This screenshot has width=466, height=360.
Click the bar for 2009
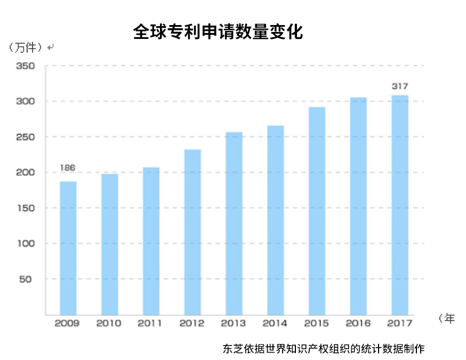click(68, 247)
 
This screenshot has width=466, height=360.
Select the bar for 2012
click(192, 232)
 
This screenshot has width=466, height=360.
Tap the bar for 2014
click(275, 220)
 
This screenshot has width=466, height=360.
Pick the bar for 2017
click(400, 205)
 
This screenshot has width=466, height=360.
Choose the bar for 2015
click(317, 211)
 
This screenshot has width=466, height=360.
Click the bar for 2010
click(109, 244)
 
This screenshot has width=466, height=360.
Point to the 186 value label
click(68, 168)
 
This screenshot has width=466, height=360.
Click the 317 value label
click(400, 86)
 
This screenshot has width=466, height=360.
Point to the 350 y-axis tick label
click(25, 66)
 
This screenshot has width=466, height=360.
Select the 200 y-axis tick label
click(25, 173)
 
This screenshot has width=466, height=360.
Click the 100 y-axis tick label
click(25, 244)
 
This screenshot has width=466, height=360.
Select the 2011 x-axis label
click(150, 323)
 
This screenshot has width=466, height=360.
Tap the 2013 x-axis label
click(234, 323)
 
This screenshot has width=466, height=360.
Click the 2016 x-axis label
click(358, 323)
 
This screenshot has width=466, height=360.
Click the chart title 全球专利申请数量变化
click(218, 32)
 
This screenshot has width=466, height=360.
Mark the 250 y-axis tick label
click(25, 137)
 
